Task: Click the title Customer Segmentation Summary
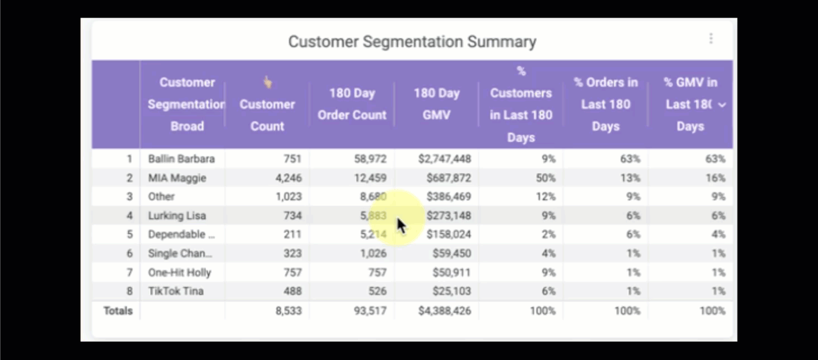coord(412,42)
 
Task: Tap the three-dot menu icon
coord(711,38)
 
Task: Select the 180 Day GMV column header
coord(436,104)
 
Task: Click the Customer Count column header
coord(267,115)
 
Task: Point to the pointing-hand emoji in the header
coord(267,82)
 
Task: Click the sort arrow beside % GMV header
coord(722,105)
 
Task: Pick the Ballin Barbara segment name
coord(181,159)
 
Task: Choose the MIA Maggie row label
coord(177,178)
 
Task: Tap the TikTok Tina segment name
coord(176,291)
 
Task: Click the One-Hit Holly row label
coord(179,272)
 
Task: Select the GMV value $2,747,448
coord(445,159)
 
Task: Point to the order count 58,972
coord(370,159)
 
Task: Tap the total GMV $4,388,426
coord(445,311)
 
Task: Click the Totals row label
coord(118,311)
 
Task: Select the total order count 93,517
coord(370,311)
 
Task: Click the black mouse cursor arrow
coord(401,226)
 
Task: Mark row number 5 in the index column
coord(129,234)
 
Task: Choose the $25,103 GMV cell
coord(452,291)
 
